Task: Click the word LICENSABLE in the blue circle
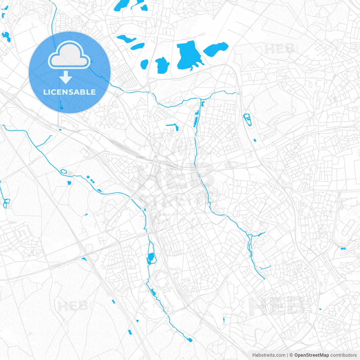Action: (69, 92)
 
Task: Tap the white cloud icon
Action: (69, 55)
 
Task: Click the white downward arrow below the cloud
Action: (66, 77)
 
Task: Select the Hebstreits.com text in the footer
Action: (269, 355)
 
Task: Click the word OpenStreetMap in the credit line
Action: (312, 355)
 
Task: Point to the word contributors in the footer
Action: (343, 355)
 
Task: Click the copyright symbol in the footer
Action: (291, 355)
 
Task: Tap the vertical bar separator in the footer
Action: (287, 355)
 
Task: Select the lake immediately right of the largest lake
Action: (216, 49)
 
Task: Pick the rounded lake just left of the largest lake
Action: (163, 65)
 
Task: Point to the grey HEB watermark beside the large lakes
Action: (279, 49)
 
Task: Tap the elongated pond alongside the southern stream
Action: (151, 257)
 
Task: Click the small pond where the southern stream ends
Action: (190, 340)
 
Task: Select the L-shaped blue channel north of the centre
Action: (174, 126)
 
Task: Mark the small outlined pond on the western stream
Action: (63, 171)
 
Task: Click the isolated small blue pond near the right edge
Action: (343, 249)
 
